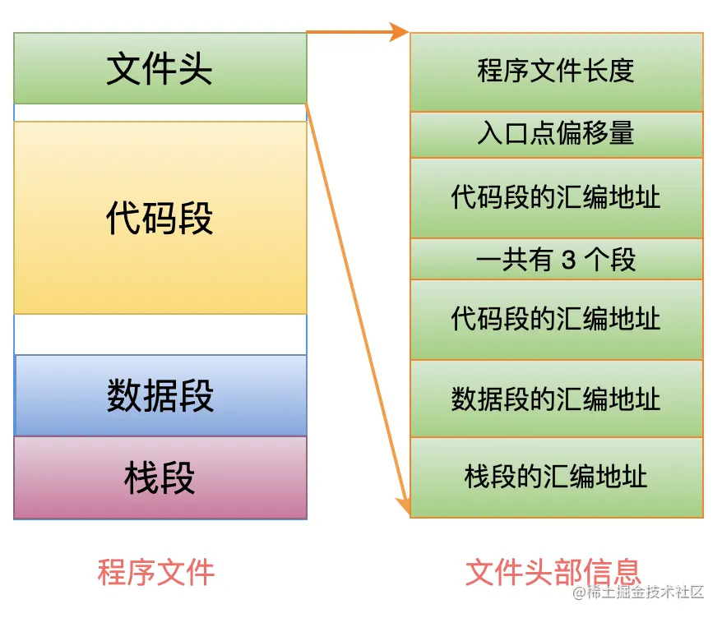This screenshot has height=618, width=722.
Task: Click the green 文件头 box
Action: click(x=160, y=68)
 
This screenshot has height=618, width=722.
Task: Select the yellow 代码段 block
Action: click(x=160, y=218)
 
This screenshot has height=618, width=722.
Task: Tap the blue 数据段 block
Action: click(x=160, y=395)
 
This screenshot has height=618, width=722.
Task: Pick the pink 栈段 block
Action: click(x=160, y=477)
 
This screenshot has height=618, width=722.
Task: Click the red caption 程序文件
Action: click(x=156, y=572)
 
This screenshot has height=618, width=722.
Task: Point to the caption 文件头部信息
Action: click(x=553, y=572)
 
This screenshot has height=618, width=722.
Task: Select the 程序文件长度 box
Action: click(x=556, y=71)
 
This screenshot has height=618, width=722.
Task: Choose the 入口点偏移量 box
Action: click(x=556, y=134)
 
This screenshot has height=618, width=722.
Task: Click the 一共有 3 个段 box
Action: click(x=556, y=260)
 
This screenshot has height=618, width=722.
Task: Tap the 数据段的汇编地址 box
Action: click(x=556, y=399)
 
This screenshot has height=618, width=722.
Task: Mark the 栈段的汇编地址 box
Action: click(x=556, y=477)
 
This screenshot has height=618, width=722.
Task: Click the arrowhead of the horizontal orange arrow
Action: click(x=401, y=33)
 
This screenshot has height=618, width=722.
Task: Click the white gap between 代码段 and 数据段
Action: click(x=160, y=334)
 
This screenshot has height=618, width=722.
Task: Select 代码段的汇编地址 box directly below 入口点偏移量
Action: click(x=556, y=197)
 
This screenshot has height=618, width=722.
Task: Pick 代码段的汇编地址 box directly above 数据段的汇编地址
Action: click(x=556, y=319)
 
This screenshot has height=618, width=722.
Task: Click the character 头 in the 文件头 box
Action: click(x=196, y=69)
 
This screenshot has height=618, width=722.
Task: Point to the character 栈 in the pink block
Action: click(x=141, y=477)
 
